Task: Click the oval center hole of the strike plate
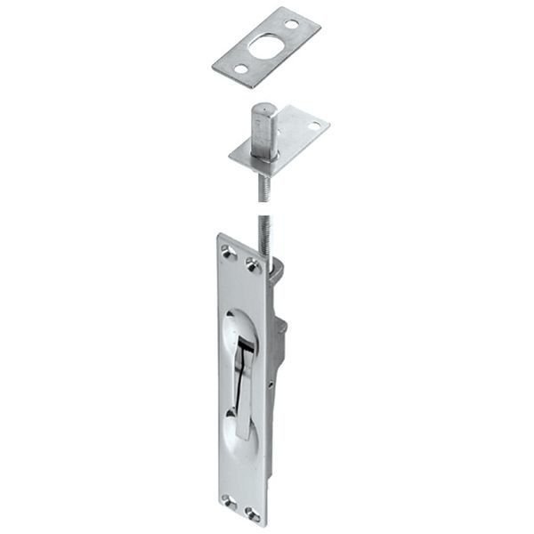click(x=265, y=46)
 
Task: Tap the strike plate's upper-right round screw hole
click(x=291, y=24)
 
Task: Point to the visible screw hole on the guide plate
click(x=313, y=126)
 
